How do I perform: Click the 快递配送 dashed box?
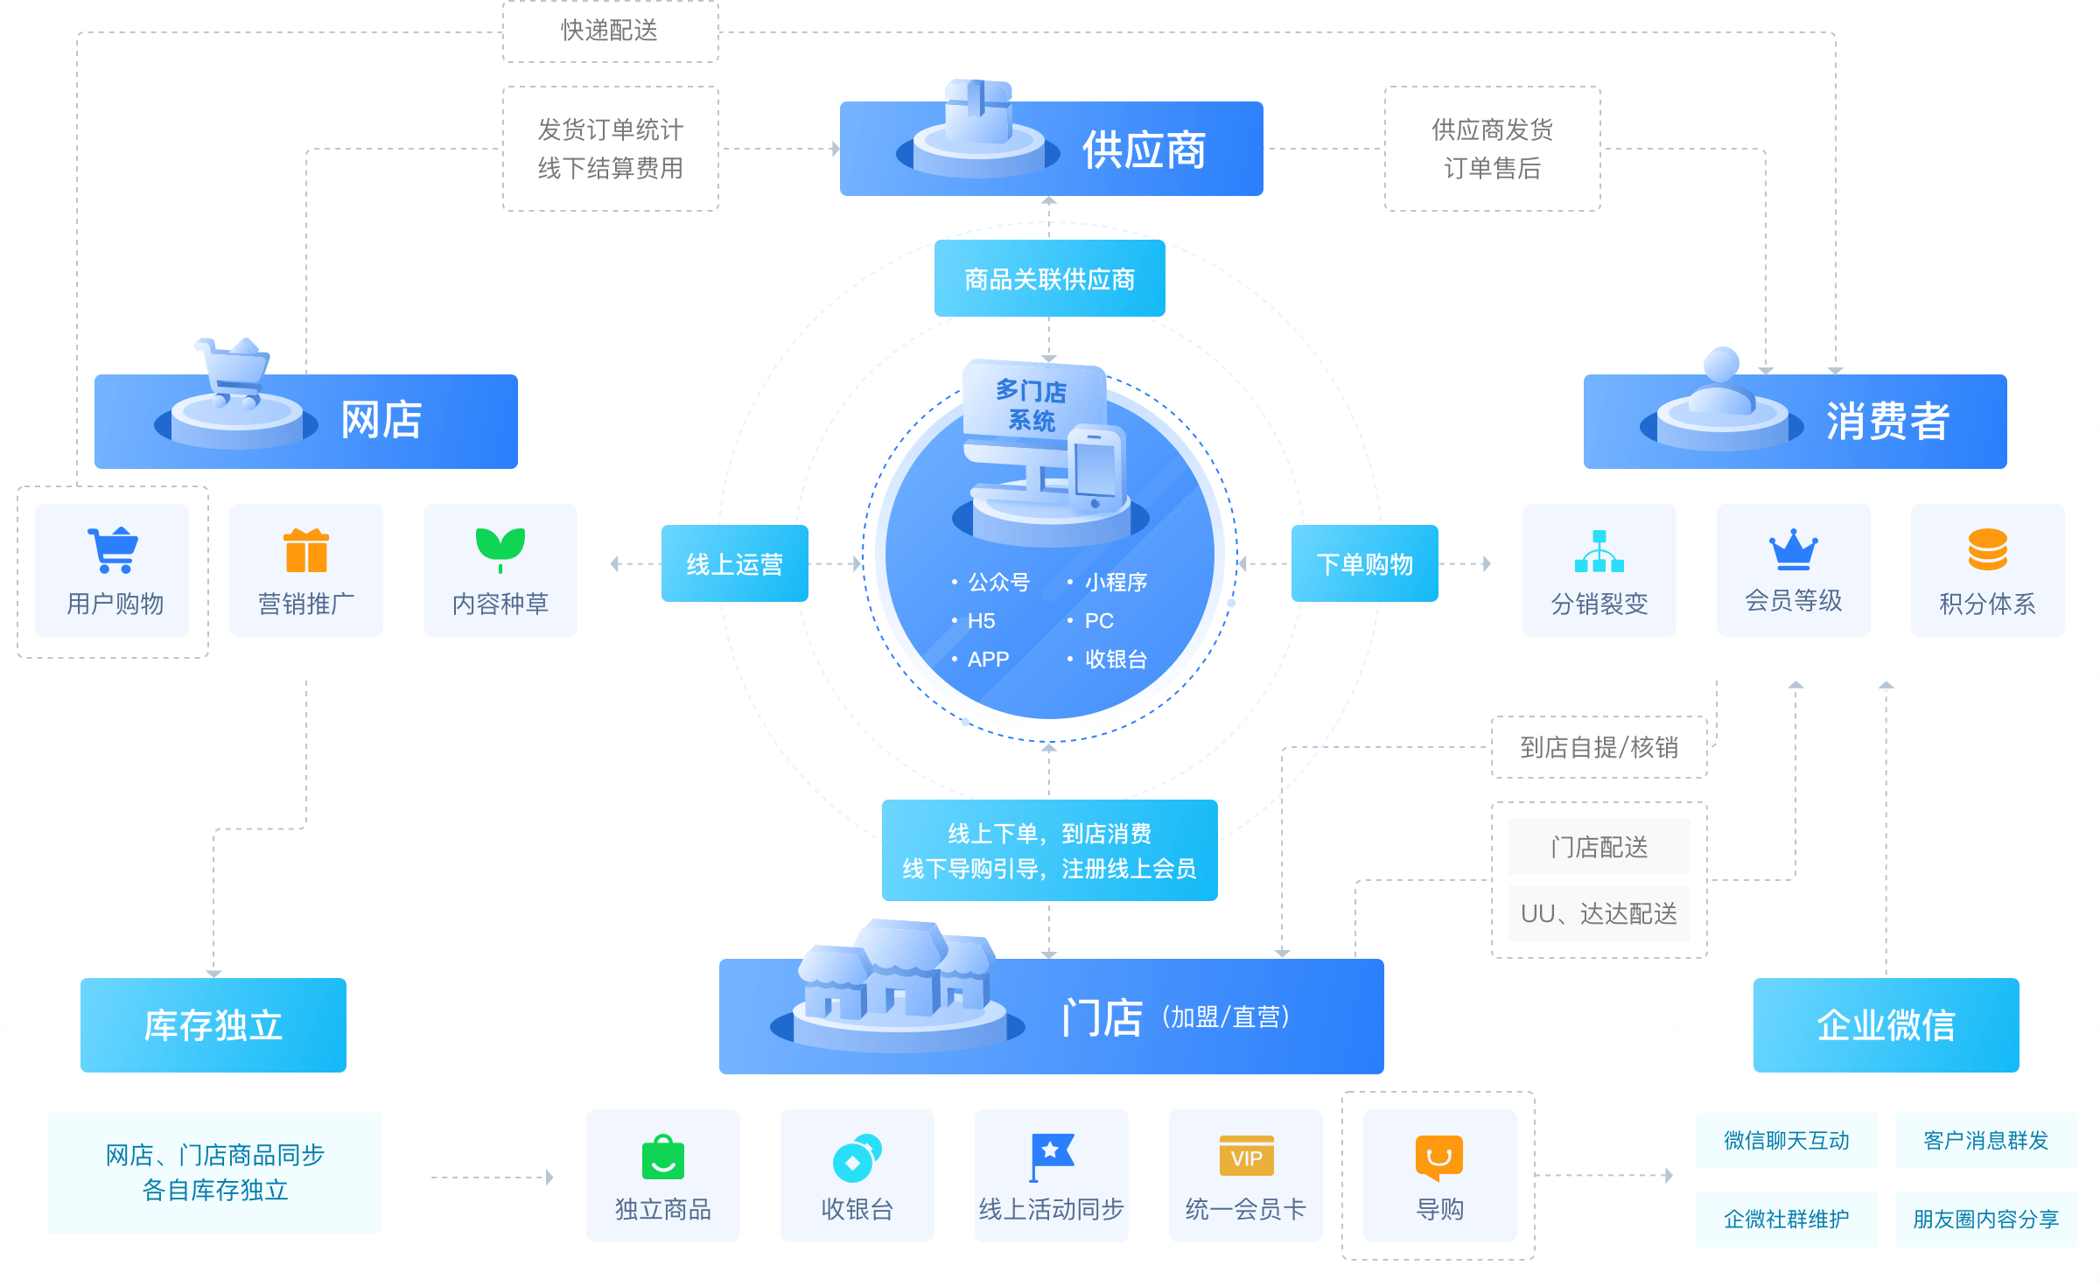coord(610,31)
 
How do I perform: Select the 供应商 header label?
coord(1143,150)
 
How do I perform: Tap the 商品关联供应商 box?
coord(1049,279)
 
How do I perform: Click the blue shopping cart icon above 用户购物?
coord(113,549)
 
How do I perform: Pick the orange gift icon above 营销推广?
coord(306,550)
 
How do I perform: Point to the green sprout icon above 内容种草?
coord(500,548)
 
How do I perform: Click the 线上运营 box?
coord(734,563)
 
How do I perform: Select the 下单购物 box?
coord(1364,563)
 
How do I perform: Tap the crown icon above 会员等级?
coord(1793,549)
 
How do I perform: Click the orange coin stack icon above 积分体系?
coord(1987,549)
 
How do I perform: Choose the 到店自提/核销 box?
coord(1599,747)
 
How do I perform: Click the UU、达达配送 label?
coord(1599,913)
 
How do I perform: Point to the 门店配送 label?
coord(1599,847)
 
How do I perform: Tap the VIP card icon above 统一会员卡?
coord(1246,1157)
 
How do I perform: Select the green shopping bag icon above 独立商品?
coord(662,1157)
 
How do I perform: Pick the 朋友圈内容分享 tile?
coord(1985,1219)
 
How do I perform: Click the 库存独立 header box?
coord(213,1025)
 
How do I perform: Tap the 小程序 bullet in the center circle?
coord(1115,583)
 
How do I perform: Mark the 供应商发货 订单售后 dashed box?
coord(1492,149)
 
